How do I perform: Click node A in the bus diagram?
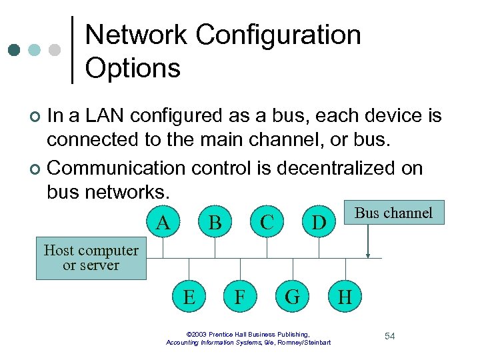[162, 222]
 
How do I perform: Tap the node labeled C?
[267, 222]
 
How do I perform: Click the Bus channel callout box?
[393, 213]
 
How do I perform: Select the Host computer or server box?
[91, 259]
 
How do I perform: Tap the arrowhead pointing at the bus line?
[367, 255]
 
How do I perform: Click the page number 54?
[389, 336]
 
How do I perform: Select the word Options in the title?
[133, 68]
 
